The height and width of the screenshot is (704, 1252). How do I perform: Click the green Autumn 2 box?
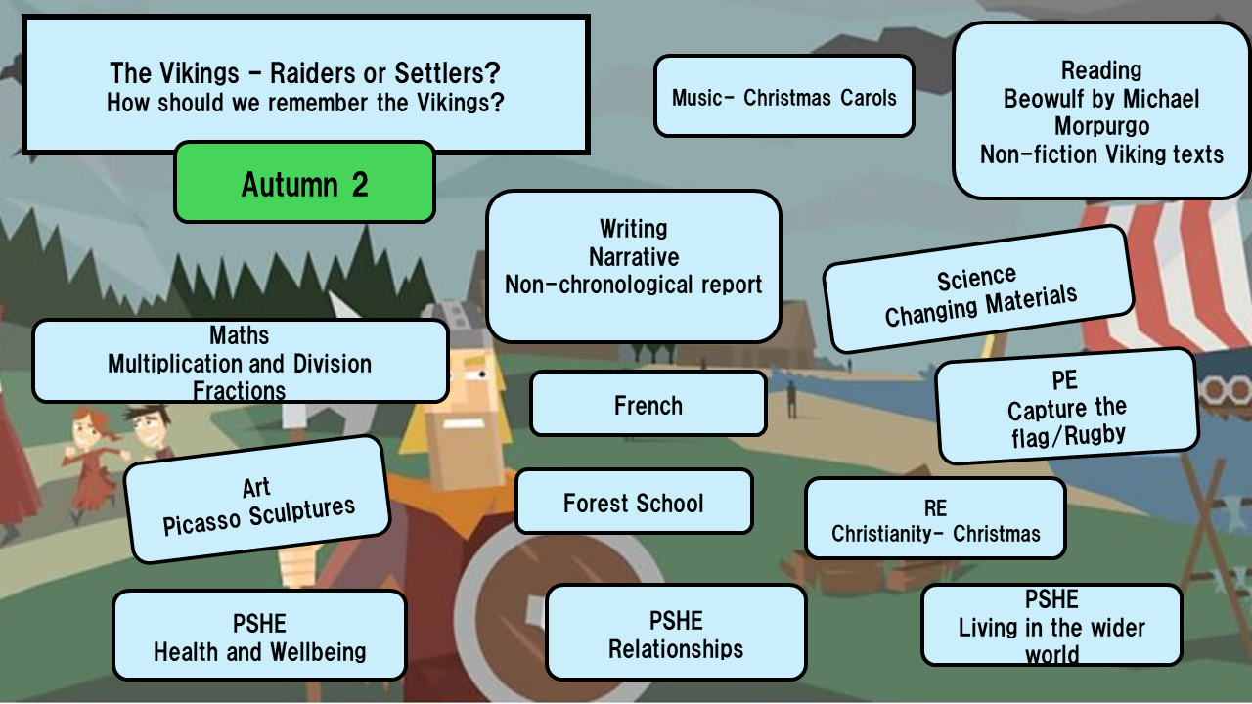point(304,183)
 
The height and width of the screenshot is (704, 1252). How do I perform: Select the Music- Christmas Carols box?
point(783,97)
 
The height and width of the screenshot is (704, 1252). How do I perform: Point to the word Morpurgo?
point(1101,126)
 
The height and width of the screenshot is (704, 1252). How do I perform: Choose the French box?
point(648,404)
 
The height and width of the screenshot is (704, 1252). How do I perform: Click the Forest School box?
point(633,503)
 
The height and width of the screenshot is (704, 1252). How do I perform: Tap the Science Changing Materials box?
point(978,291)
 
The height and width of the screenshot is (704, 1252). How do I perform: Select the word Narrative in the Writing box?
point(633,256)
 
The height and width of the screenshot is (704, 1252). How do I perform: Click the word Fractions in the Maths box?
point(239,391)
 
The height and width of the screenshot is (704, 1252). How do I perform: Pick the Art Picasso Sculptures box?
point(257,501)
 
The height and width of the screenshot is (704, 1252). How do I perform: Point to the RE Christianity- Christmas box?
point(935,519)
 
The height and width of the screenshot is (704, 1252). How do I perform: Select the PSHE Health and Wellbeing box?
point(259,637)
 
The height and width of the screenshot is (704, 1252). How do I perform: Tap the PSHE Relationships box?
point(675,634)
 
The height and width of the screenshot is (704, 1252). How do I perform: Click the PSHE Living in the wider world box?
point(1051,626)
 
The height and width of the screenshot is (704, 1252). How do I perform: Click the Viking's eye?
point(480,373)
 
